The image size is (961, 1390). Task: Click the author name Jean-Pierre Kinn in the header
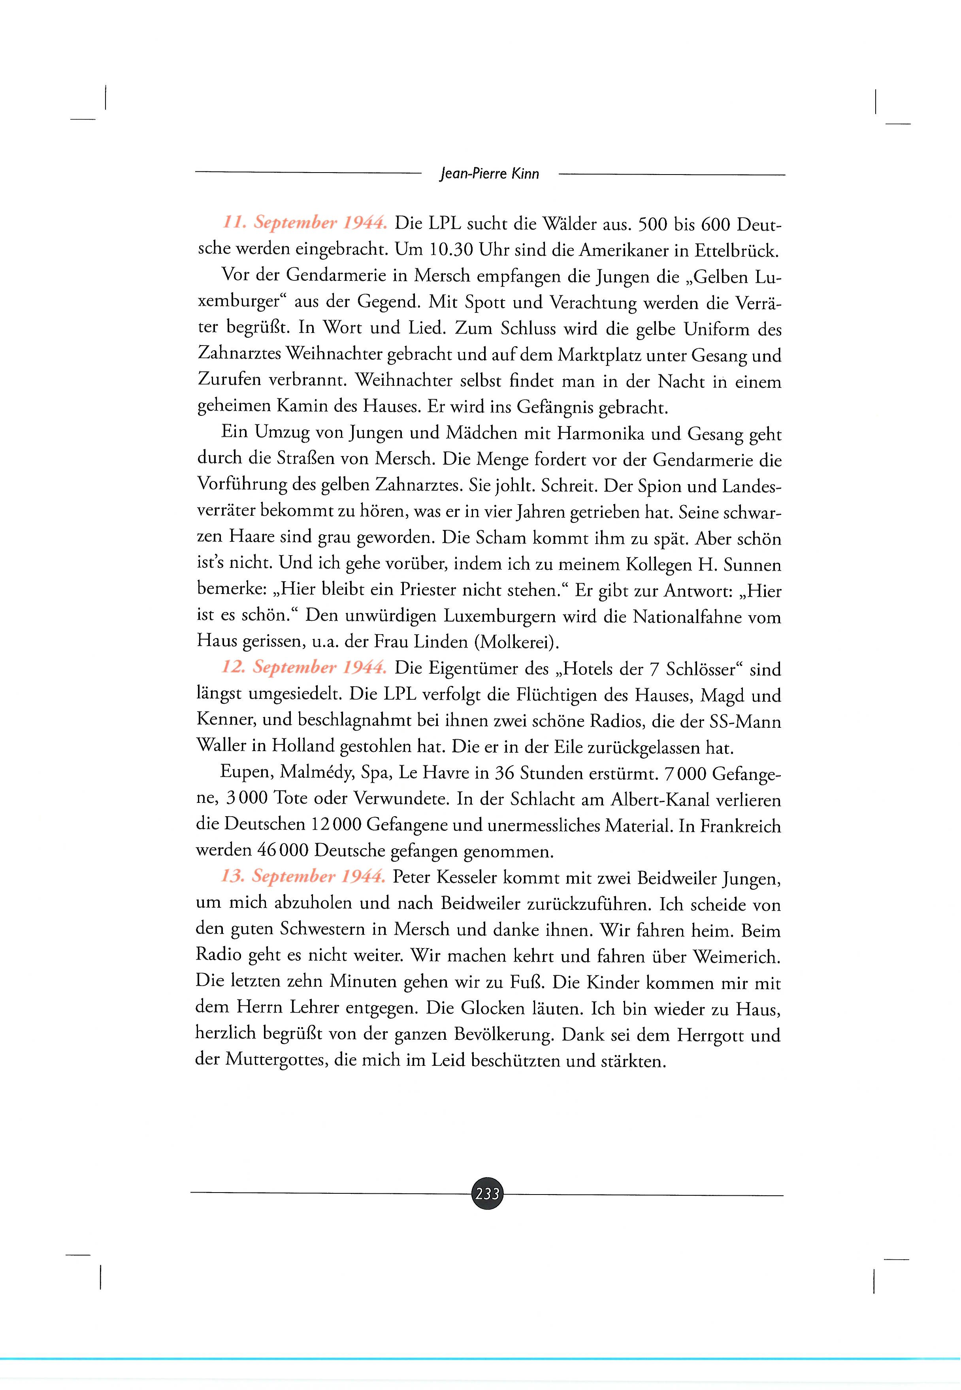coord(490,174)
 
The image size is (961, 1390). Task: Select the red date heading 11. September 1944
coord(305,223)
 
